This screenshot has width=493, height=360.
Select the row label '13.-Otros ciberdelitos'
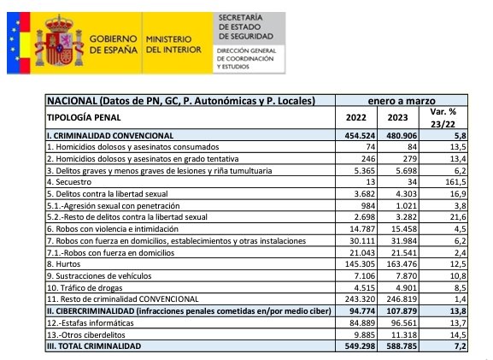tap(93, 335)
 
